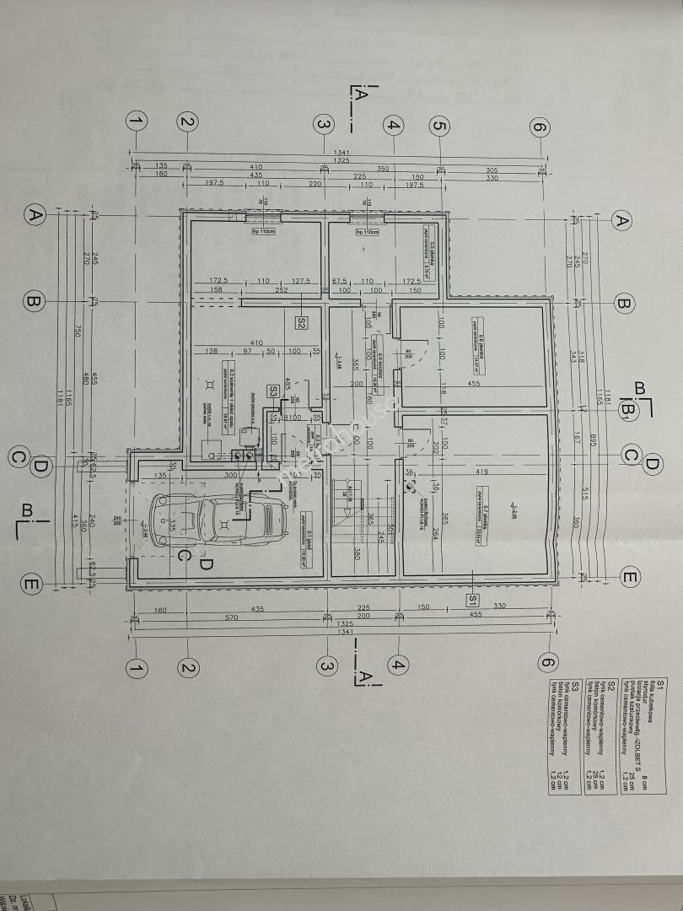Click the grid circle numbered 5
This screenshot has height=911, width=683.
(x=438, y=126)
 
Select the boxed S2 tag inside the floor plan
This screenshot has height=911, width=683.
(x=302, y=321)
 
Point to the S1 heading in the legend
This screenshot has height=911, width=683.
(x=661, y=682)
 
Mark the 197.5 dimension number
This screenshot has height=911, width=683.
(x=211, y=182)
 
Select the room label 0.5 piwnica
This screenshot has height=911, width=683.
(x=428, y=253)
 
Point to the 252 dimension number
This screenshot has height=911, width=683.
(x=281, y=291)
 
